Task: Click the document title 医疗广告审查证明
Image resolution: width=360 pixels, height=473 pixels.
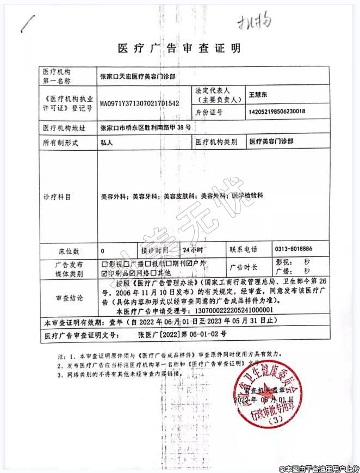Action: click(179, 48)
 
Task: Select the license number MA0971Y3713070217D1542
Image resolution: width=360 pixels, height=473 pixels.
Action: click(139, 101)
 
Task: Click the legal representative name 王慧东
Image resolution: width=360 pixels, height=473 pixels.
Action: click(258, 94)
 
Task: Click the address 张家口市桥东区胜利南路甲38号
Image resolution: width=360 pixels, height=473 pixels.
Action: click(145, 128)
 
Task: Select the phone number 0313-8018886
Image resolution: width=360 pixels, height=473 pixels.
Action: click(294, 249)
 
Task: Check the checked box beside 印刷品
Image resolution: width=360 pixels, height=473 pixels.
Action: click(104, 273)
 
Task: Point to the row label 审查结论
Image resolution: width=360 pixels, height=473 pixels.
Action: click(69, 298)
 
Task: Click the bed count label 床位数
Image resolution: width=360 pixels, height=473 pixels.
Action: click(69, 251)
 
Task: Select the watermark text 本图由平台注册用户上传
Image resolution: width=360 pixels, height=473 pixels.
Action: click(318, 468)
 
